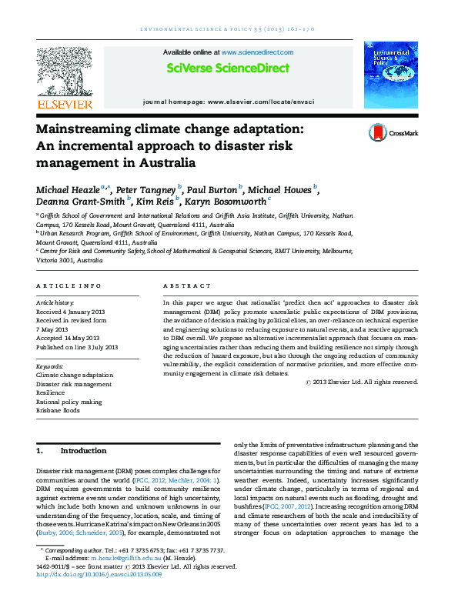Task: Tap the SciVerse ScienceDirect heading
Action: click(229, 68)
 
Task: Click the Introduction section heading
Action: click(83, 450)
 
